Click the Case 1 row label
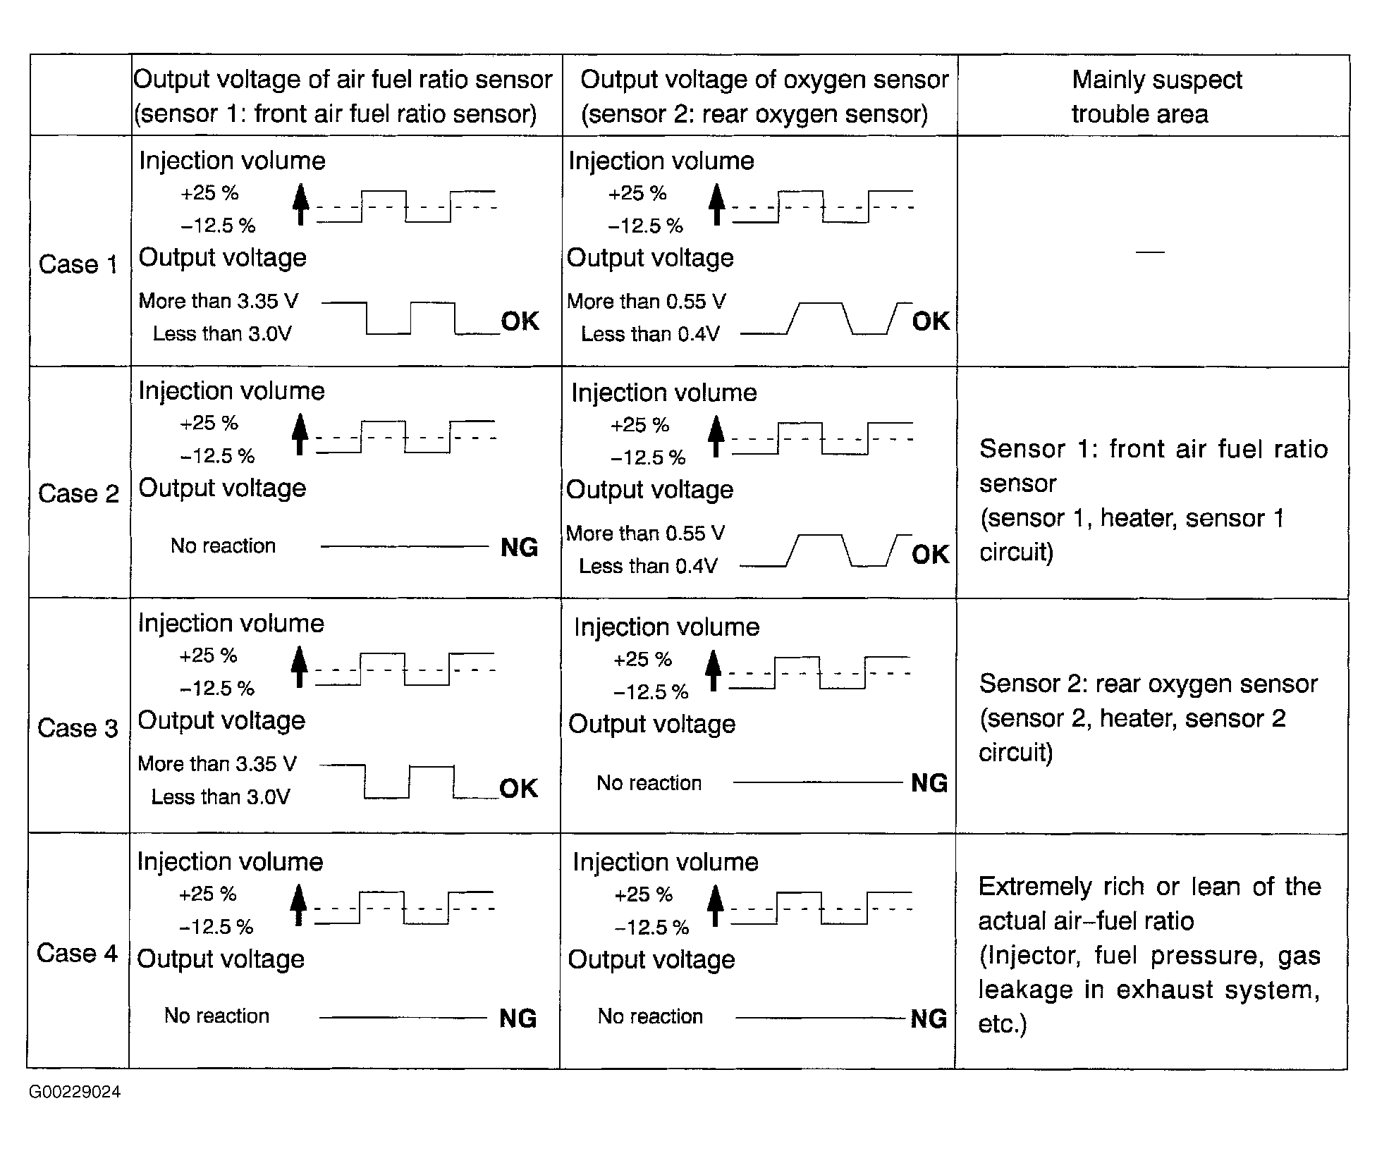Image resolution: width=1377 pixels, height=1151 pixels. pyautogui.click(x=78, y=264)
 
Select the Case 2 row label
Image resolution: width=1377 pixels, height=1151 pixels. pyautogui.click(x=78, y=493)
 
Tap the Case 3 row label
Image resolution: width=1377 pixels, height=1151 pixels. pyautogui.click(x=78, y=727)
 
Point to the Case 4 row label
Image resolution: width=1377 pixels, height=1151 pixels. pyautogui.click(x=77, y=953)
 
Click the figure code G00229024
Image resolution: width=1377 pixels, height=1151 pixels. pyautogui.click(x=75, y=1092)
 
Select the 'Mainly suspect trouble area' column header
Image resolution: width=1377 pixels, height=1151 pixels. pyautogui.click(x=1156, y=97)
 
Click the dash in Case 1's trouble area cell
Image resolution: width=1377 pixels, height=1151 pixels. pyautogui.click(x=1151, y=252)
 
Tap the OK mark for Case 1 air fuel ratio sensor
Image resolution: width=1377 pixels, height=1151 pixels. pyautogui.click(x=520, y=321)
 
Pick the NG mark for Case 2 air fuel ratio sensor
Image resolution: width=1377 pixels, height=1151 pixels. pyautogui.click(x=519, y=547)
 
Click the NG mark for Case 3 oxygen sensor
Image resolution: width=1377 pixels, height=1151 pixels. pyautogui.click(x=929, y=782)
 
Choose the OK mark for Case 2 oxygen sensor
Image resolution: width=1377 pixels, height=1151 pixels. pyautogui.click(x=931, y=555)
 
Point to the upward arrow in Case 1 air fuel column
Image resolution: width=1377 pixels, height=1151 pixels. pyautogui.click(x=300, y=204)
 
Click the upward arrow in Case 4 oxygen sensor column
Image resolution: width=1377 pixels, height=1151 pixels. pyautogui.click(x=716, y=906)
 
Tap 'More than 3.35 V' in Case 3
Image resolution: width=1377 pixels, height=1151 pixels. pyautogui.click(x=217, y=763)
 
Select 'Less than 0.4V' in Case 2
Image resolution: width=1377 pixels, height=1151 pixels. pyautogui.click(x=648, y=566)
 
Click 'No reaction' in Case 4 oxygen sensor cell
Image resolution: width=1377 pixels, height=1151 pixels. pyautogui.click(x=650, y=1016)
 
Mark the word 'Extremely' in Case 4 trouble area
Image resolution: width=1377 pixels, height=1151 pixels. pyautogui.click(x=1034, y=886)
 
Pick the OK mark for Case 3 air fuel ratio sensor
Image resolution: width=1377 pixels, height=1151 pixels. pyautogui.click(x=518, y=788)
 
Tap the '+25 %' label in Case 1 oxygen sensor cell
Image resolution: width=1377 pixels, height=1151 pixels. pyautogui.click(x=637, y=193)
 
